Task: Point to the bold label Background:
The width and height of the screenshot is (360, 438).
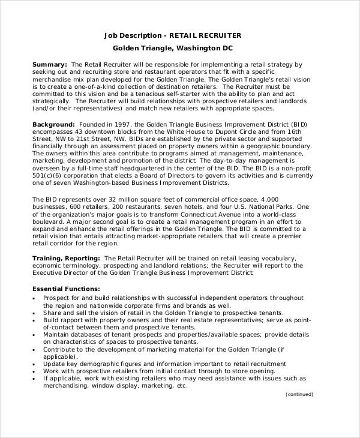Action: [x=54, y=122]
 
